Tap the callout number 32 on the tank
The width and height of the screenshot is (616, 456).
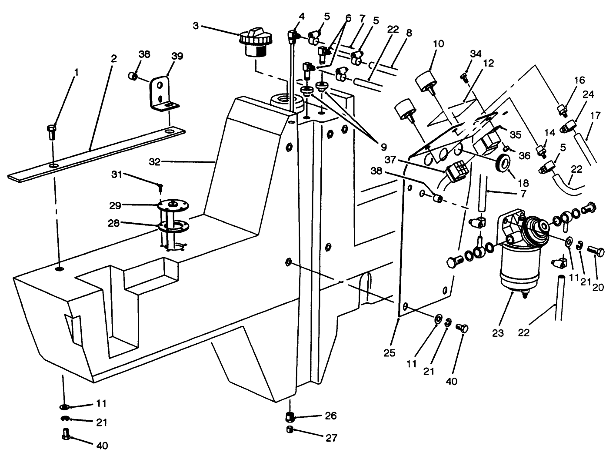[x=154, y=162]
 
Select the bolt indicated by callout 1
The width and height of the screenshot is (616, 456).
[x=50, y=131]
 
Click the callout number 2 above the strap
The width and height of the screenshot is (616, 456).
[x=113, y=59]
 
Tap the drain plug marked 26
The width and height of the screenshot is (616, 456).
[x=289, y=417]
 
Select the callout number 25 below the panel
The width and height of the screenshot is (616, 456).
[x=390, y=352]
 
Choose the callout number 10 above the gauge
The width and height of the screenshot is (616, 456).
[x=438, y=44]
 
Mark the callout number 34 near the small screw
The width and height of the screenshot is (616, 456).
[x=476, y=54]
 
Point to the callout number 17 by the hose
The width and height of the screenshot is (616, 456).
[x=595, y=116]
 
